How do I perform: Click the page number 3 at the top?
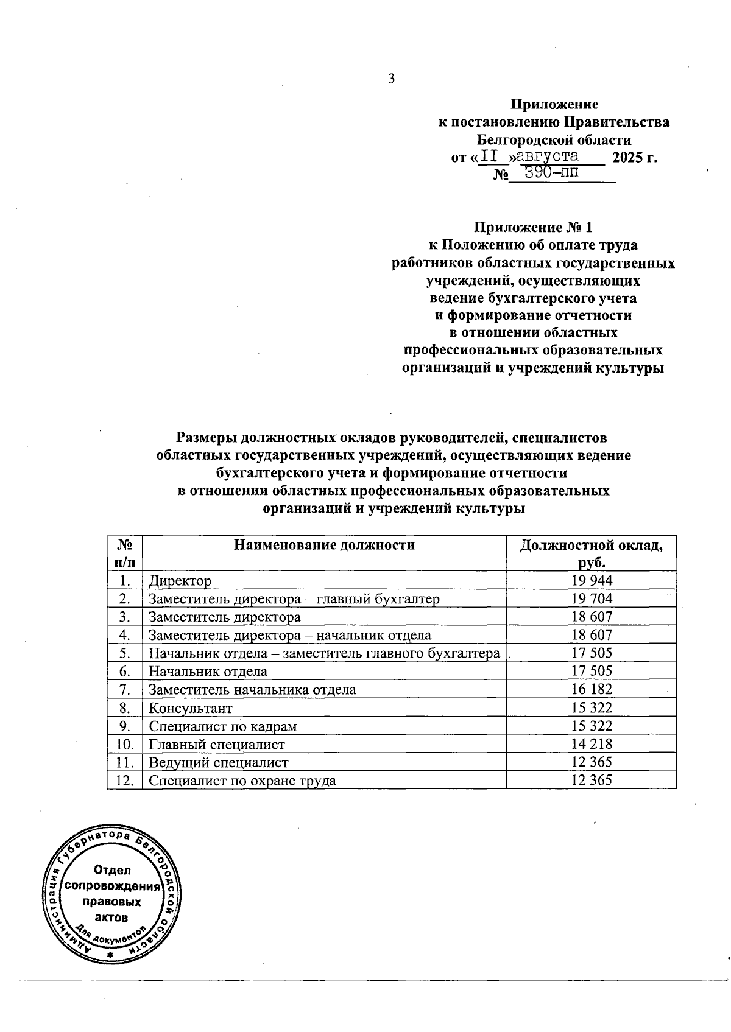pos(391,79)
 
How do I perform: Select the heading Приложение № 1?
pos(533,228)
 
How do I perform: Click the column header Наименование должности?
pos(324,545)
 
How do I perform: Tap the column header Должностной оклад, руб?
pos(591,553)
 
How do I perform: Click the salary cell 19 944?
pos(592,580)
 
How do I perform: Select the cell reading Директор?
pos(180,581)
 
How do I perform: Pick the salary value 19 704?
pos(592,598)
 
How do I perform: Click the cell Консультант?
pos(191,708)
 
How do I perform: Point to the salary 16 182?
pos(592,690)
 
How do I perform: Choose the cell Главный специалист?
pos(217,745)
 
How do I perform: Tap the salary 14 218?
pos(592,744)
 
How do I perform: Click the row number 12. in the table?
pos(124,781)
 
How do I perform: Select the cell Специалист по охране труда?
pos(242,781)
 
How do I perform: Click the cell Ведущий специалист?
pos(219,763)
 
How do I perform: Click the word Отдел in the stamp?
pos(112,870)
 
